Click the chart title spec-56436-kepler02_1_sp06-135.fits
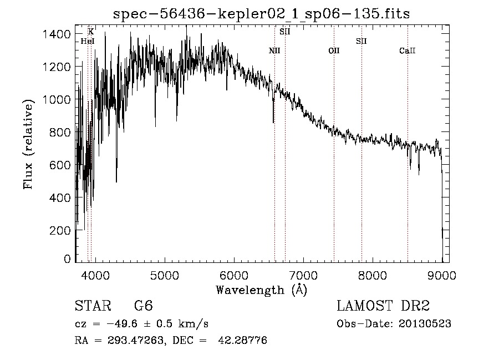point(261,14)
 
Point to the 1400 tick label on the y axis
point(57,34)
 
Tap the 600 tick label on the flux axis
point(60,165)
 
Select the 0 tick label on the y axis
point(67,258)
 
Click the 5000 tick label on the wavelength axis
point(165,275)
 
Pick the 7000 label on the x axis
point(303,275)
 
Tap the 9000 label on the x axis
point(442,275)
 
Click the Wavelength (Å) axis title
point(261,290)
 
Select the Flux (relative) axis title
point(28,144)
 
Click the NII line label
point(274,50)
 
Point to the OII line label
point(334,50)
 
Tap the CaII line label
point(408,50)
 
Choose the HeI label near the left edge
point(88,41)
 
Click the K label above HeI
point(91,32)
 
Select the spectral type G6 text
point(144,306)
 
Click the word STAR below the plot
point(93,306)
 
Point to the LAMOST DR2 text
point(383,306)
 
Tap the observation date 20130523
point(425,324)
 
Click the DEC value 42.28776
point(242,340)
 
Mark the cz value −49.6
point(122,324)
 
